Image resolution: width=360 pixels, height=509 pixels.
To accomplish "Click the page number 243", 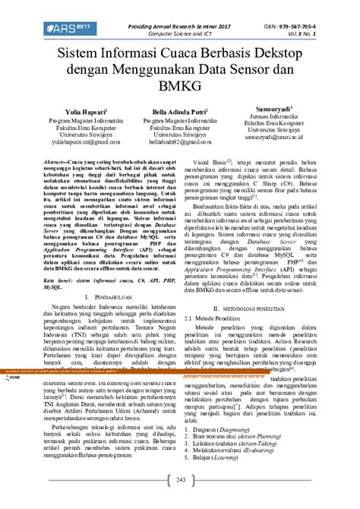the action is pyautogui.click(x=181, y=479).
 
